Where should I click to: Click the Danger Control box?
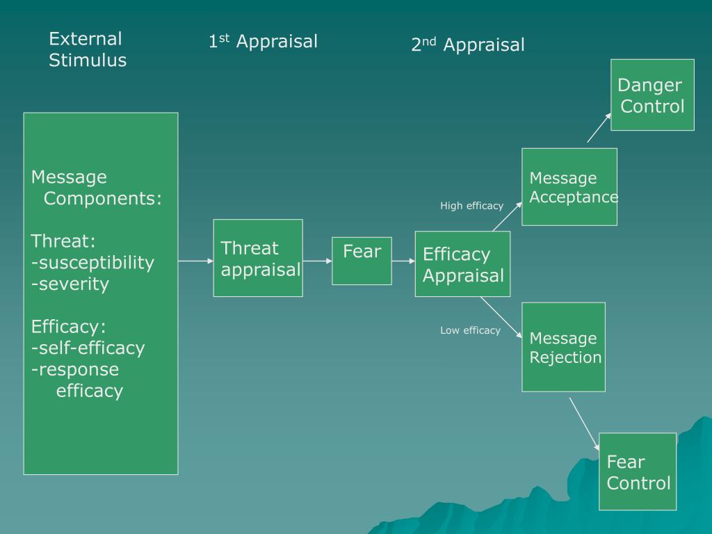[652, 95]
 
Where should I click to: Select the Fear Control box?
[638, 472]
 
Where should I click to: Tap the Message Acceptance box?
[569, 187]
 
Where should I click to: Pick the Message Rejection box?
[564, 348]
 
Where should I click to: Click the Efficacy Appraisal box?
[462, 264]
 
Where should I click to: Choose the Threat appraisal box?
[258, 258]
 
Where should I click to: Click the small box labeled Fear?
[362, 261]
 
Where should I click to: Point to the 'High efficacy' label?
[471, 206]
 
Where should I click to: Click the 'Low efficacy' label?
[470, 330]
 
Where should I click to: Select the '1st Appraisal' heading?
[263, 42]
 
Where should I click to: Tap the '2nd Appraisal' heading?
[467, 45]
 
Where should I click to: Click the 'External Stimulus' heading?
[88, 49]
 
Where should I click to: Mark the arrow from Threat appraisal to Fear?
[317, 261]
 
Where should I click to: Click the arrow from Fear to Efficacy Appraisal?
[403, 261]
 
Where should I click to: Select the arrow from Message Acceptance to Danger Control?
[599, 129]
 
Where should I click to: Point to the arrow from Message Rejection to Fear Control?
[584, 423]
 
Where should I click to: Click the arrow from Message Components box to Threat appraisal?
[195, 261]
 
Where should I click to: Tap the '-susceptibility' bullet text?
[92, 263]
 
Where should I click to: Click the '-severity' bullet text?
[70, 284]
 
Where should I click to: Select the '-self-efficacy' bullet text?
[88, 348]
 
